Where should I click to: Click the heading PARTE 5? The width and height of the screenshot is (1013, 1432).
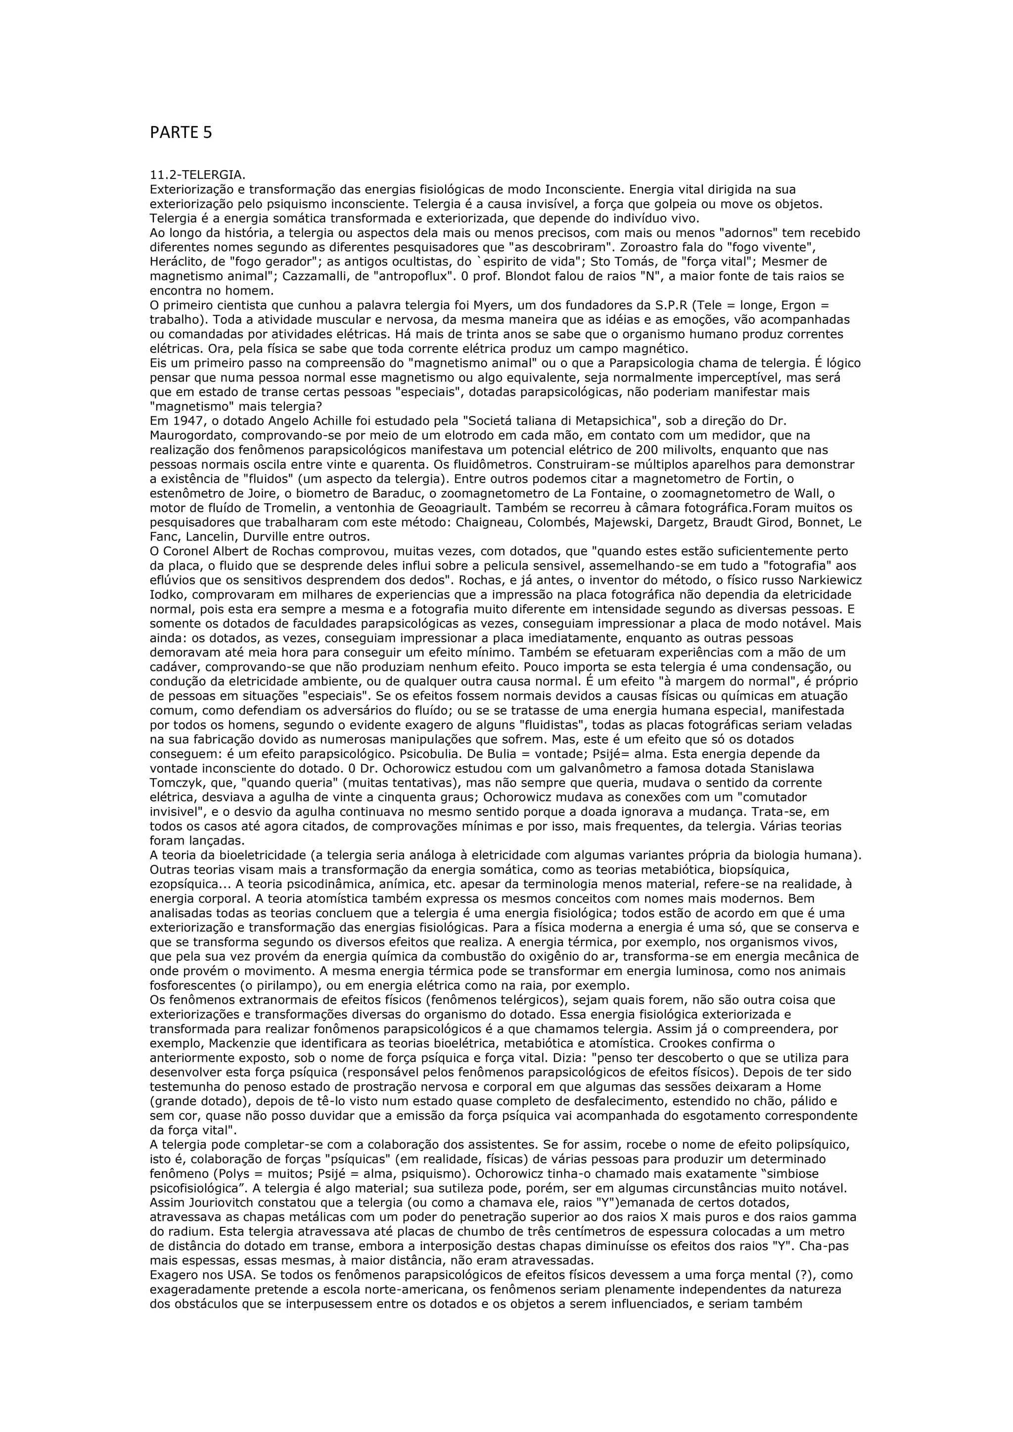click(181, 133)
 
